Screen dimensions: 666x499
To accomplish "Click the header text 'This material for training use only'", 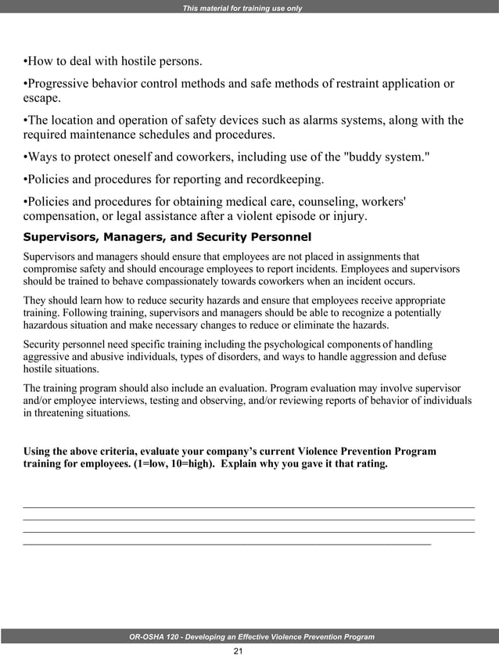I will tap(242, 9).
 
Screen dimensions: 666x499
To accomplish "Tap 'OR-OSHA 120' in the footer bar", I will tap(153, 637).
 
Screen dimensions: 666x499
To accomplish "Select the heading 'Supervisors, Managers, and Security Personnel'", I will tap(167, 236).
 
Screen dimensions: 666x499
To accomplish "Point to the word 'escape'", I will tap(39, 99).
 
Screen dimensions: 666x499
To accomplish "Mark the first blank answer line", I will tap(249, 508).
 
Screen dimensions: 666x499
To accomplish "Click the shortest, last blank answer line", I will tap(227, 543).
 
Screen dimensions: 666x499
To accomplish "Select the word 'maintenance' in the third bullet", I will tap(106, 135).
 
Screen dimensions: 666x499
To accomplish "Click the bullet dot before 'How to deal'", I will tap(26, 61).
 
